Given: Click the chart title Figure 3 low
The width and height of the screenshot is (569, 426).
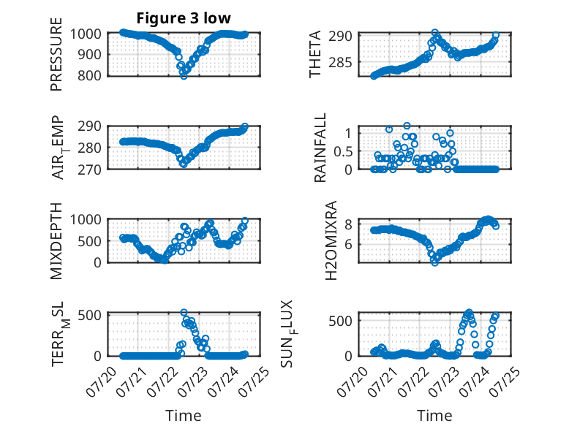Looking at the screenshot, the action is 184,18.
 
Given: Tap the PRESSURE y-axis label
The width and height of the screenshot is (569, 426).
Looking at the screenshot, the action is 56,54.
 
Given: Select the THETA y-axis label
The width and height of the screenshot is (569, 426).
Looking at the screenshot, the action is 315,54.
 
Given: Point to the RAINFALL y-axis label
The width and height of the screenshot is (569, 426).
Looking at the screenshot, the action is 320,148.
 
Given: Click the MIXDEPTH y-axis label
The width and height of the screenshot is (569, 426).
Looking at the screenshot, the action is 56,241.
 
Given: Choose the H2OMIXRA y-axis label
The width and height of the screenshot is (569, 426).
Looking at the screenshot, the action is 331,240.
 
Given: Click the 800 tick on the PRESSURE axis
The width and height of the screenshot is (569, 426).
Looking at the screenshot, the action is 90,76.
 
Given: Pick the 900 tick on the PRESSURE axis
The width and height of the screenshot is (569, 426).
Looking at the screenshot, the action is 90,55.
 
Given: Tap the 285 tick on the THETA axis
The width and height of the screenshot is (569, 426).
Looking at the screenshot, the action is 340,63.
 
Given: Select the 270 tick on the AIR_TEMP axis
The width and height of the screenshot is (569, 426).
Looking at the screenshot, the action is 90,170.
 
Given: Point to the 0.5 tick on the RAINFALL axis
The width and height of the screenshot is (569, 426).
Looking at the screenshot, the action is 343,151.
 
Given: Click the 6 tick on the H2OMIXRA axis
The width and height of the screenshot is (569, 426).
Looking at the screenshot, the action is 348,245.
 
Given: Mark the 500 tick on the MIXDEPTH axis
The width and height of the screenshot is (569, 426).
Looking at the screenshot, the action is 90,241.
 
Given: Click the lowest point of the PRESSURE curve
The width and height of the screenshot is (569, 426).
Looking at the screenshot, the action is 184,76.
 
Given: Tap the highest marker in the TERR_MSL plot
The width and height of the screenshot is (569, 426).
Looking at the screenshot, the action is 184,313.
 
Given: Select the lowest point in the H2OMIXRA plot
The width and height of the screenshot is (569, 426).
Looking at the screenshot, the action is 434,262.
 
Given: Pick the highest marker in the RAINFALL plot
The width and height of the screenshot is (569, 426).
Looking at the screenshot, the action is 407,126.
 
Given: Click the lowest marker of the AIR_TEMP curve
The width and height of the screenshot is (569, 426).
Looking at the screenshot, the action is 184,164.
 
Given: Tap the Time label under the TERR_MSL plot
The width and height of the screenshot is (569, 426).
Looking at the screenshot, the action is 184,415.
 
